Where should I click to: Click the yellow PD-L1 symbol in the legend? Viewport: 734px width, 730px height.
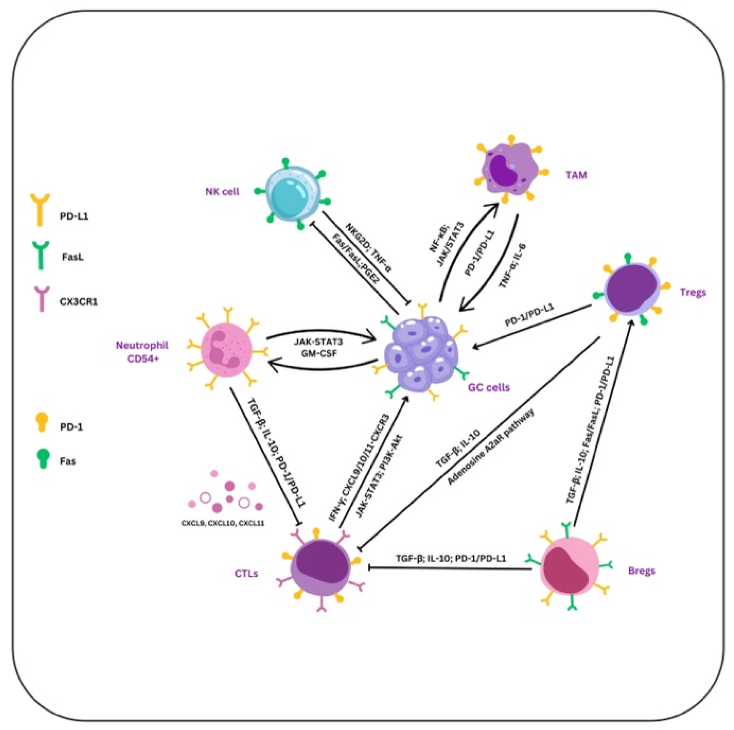(40, 210)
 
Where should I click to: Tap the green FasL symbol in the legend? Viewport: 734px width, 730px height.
(40, 255)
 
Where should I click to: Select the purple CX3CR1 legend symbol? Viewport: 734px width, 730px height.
(42, 299)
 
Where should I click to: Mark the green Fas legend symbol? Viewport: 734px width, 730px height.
(43, 459)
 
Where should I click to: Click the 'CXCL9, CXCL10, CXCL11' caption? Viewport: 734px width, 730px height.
(223, 524)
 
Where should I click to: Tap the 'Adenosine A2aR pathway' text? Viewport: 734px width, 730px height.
(490, 447)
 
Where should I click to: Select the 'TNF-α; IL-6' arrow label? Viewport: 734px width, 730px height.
(513, 266)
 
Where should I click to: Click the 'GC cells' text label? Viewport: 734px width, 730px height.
(489, 388)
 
